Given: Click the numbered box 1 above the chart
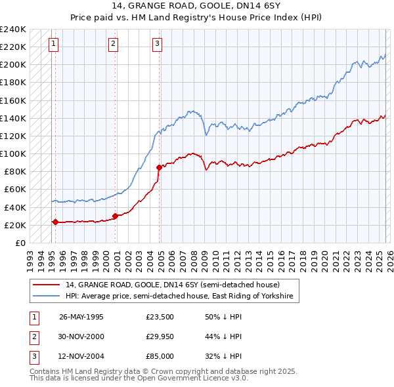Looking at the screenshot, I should click(x=53, y=44).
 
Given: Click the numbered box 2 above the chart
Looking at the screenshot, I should click(x=113, y=44).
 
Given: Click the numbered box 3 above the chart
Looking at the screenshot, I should click(x=158, y=44).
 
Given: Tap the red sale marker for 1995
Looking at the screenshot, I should click(x=55, y=222).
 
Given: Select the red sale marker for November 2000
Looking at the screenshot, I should click(x=115, y=216).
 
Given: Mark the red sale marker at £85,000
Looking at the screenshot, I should click(x=158, y=167).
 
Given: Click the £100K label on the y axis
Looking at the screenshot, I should click(x=13, y=153).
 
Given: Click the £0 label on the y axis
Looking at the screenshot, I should click(x=19, y=243).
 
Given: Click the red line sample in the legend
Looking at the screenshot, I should click(x=47, y=285).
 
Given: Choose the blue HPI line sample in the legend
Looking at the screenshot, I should click(x=47, y=296).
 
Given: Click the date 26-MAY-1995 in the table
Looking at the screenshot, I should click(x=81, y=316).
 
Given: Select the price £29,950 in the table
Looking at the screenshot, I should click(x=160, y=336).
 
